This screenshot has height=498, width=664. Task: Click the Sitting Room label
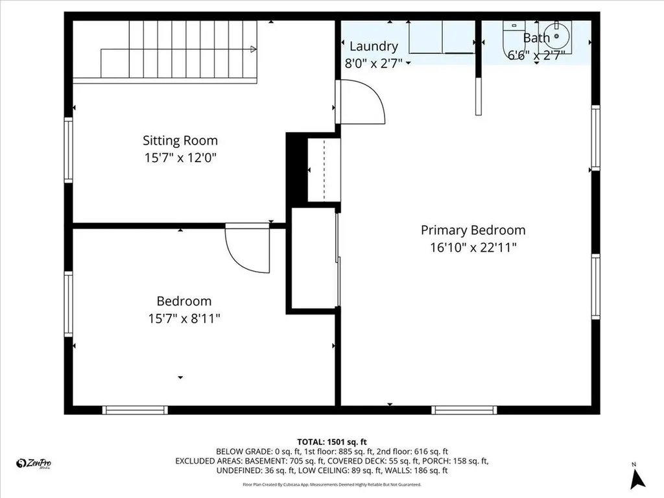(180, 140)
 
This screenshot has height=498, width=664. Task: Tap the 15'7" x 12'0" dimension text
(180, 158)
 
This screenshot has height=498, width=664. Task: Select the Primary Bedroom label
(473, 230)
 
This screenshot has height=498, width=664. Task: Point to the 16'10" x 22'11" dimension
(473, 247)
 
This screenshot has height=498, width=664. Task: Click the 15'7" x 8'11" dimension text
(184, 318)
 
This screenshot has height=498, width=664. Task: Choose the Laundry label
(373, 46)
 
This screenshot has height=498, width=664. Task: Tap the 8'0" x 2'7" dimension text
(373, 63)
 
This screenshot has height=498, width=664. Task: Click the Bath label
(536, 38)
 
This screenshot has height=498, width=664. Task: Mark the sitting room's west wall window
(68, 150)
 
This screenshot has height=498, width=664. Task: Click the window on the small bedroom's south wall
(136, 410)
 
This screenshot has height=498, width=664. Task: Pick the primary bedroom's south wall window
(464, 410)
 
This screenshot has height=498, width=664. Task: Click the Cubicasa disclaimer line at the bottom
(331, 484)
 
